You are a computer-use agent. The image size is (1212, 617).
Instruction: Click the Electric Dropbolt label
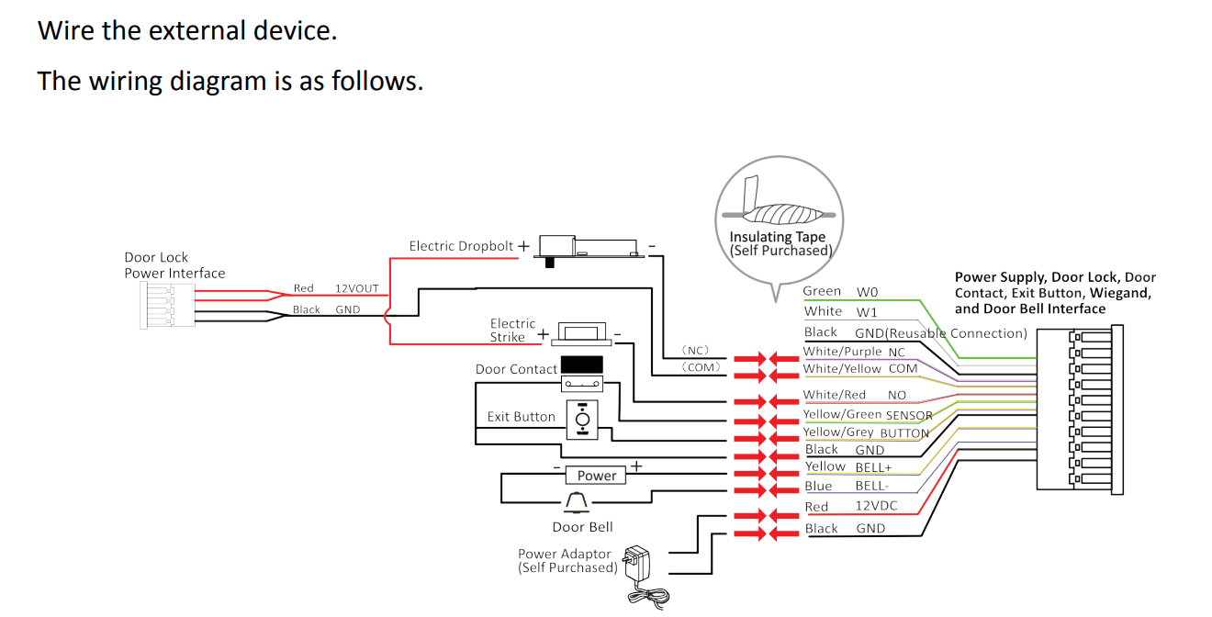click(461, 246)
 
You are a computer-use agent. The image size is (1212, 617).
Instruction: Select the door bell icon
click(576, 502)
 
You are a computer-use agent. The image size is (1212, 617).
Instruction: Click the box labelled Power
click(597, 476)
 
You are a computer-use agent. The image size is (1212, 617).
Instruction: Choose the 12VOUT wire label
click(356, 288)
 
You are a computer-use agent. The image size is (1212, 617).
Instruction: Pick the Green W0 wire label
click(840, 291)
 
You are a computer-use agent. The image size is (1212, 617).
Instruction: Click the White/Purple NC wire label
click(854, 352)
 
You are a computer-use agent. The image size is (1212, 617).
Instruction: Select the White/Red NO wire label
click(854, 395)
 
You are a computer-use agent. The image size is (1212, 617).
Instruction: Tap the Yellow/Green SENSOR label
click(868, 415)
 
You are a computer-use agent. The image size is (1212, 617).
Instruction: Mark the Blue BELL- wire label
click(846, 487)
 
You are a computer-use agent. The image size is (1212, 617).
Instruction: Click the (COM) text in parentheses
click(700, 367)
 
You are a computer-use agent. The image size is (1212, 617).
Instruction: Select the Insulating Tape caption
click(779, 243)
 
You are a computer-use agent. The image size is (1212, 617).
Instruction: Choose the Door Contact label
click(516, 369)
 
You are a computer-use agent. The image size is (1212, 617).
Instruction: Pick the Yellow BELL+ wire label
click(848, 467)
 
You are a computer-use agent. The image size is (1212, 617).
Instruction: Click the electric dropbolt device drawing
click(588, 246)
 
